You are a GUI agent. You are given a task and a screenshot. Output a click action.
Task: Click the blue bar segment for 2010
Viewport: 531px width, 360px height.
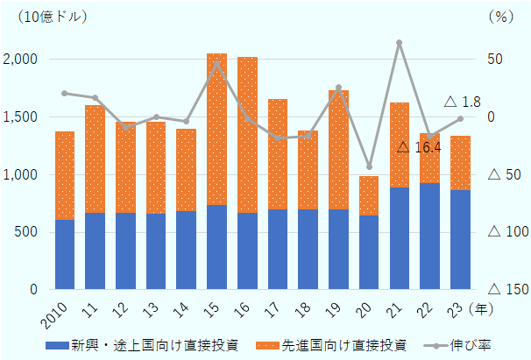click(65, 254)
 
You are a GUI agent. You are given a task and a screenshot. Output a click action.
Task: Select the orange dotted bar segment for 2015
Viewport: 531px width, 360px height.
click(216, 130)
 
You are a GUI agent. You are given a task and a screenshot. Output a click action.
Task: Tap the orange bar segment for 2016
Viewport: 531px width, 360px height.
click(247, 135)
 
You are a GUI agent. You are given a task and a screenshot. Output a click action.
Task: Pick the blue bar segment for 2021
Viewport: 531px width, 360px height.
click(399, 238)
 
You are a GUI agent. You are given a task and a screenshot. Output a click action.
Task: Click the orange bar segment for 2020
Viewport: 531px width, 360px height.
click(369, 195)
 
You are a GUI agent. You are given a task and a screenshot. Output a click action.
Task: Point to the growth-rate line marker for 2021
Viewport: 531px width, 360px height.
click(399, 42)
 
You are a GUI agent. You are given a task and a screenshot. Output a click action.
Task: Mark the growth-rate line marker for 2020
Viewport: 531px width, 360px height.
click(369, 166)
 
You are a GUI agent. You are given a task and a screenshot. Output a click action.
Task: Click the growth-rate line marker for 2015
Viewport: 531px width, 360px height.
click(216, 64)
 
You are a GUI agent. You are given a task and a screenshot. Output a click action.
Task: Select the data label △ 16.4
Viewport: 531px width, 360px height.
click(419, 148)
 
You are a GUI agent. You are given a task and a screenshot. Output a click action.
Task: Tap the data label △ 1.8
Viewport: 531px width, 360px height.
click(463, 102)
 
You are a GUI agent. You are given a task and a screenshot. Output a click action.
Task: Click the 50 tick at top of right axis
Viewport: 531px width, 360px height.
click(496, 60)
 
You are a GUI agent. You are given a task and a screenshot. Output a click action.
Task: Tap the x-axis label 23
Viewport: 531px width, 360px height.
click(461, 308)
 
